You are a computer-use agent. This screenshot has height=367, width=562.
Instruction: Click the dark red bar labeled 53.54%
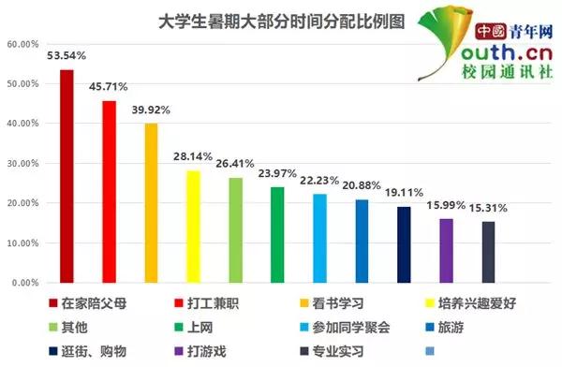pyautogui.click(x=67, y=176)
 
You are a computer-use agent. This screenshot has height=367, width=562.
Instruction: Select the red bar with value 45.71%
pyautogui.click(x=109, y=191)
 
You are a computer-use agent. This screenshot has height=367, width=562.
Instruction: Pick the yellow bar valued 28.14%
pyautogui.click(x=193, y=226)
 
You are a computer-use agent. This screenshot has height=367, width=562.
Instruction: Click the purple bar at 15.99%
pyautogui.click(x=446, y=250)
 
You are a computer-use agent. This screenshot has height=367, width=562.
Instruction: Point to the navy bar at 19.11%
pyautogui.click(x=404, y=243)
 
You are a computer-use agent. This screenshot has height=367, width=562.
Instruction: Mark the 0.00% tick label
pyautogui.click(x=23, y=282)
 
